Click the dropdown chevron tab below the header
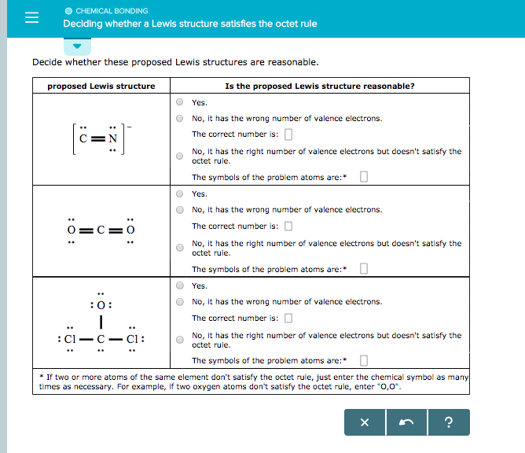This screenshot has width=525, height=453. [x=77, y=45]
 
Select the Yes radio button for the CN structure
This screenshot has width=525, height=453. [x=180, y=102]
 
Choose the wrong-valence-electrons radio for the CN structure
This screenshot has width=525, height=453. [x=180, y=119]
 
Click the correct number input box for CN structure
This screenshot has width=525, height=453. [x=288, y=134]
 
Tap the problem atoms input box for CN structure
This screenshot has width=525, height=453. [x=363, y=177]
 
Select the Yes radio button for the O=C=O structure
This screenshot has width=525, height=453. [x=180, y=194]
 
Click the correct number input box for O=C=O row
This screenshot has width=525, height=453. [x=288, y=226]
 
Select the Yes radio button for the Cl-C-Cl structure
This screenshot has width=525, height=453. [x=180, y=286]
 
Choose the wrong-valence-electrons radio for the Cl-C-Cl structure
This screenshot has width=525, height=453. [x=180, y=302]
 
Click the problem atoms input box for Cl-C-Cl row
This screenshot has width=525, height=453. [x=363, y=361]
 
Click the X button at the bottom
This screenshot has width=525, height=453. [x=364, y=423]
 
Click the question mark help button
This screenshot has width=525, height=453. [x=449, y=423]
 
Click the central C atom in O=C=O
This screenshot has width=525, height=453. [x=101, y=230]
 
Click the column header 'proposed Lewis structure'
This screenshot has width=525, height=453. [x=101, y=87]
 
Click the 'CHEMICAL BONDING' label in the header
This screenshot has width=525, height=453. [x=111, y=11]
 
